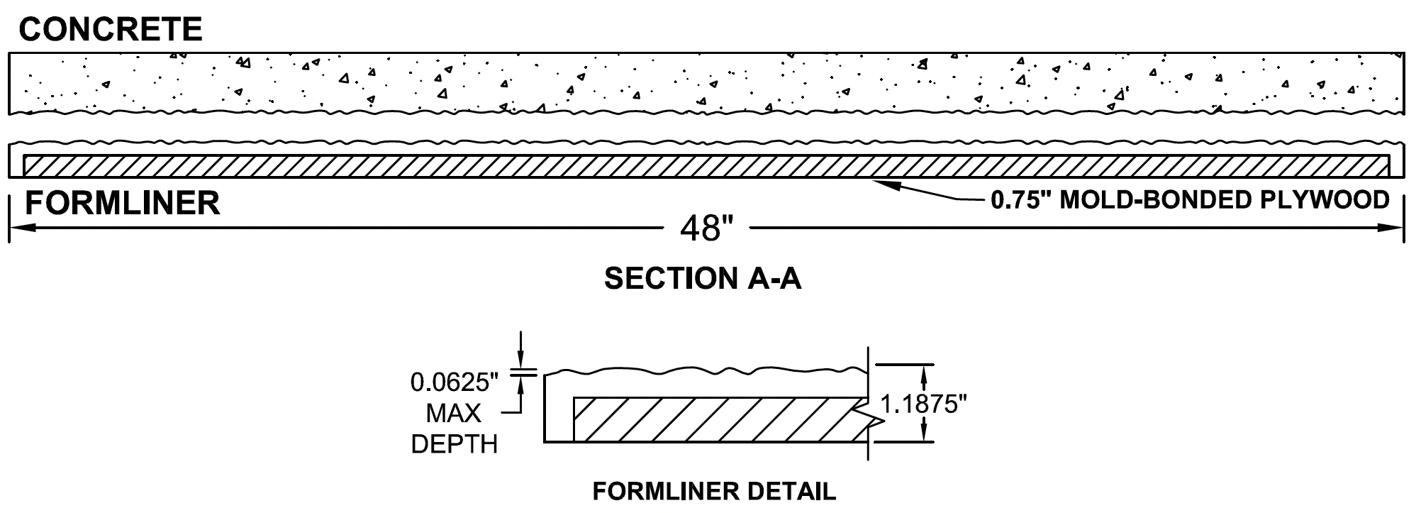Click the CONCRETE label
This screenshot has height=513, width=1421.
point(111,30)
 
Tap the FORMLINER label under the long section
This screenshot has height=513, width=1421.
point(122,204)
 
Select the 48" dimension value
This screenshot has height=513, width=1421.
point(705,228)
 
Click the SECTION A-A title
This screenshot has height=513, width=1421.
point(702,279)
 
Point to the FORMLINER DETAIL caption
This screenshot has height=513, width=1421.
point(714,491)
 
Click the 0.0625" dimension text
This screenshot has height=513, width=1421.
point(455,383)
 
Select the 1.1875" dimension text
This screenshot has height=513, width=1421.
point(923,404)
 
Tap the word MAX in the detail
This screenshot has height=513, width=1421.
point(454,414)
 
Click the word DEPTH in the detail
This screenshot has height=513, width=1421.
point(454,445)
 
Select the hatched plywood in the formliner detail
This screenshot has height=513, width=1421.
point(716,418)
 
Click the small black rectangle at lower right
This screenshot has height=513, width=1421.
point(1083,462)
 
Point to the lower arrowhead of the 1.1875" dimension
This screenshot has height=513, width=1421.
point(924,434)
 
